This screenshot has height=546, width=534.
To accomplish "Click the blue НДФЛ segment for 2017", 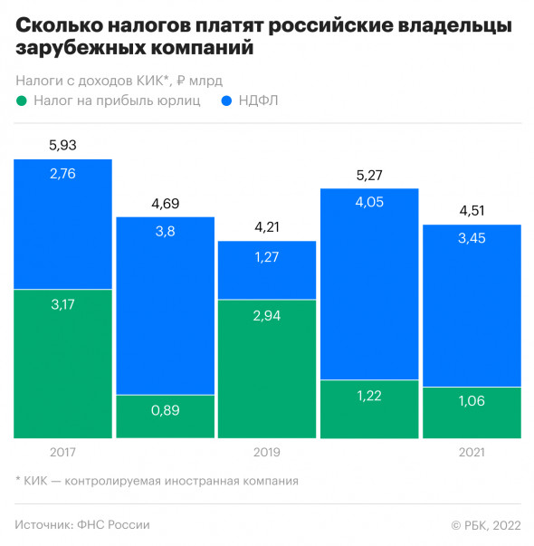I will point(62,225).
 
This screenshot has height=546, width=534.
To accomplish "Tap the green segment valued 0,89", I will point(165,417).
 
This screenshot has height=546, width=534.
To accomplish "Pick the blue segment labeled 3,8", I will point(165,306).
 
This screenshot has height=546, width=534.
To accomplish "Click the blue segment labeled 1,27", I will point(267,270).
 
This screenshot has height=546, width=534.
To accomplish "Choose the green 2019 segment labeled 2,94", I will point(267,369).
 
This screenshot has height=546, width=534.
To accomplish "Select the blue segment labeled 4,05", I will point(369,283).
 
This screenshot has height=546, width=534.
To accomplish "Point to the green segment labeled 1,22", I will point(369,409).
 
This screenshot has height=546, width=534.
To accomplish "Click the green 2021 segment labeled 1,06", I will point(472,413).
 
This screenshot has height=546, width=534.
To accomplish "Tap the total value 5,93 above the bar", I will point(62,144).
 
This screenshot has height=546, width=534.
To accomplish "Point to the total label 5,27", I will point(369,173).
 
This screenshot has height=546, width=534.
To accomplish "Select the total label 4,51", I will point(472,210).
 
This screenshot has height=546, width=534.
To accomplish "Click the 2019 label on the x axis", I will point(267,450).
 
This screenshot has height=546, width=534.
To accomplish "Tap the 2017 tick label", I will point(62,450).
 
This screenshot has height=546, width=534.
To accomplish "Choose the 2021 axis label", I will point(472,450).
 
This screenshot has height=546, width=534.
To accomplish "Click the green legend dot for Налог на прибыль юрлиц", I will point(21,101).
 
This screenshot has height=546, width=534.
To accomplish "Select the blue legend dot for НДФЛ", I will point(226,101).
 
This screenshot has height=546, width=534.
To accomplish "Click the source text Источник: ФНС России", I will point(82,524).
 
